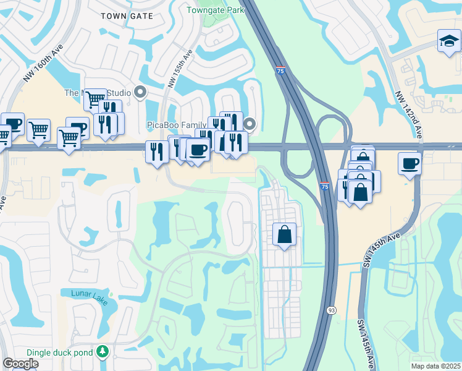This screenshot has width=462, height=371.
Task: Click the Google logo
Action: tap(20, 364)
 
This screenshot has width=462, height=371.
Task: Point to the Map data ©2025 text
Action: tap(435, 366)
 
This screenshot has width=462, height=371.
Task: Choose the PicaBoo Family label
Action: tap(176, 125)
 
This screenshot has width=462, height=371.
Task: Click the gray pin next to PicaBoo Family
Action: tap(250, 124)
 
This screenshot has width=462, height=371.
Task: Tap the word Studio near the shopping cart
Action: tap(119, 93)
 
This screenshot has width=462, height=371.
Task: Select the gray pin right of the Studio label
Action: tap(140, 93)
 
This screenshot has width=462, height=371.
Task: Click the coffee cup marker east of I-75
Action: tap(409, 164)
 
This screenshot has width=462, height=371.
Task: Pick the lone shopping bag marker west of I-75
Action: tap(284, 235)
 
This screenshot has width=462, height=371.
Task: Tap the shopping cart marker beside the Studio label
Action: tap(95, 99)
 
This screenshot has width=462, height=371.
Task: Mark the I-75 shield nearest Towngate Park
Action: tap(280, 71)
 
